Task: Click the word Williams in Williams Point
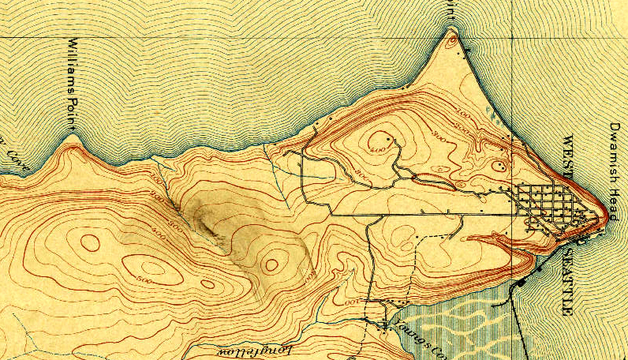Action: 72,70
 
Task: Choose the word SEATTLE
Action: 566,279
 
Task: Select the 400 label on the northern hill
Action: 377,147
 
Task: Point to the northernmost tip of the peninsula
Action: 450,31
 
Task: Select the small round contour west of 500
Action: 91,243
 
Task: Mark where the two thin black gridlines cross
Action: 509,37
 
